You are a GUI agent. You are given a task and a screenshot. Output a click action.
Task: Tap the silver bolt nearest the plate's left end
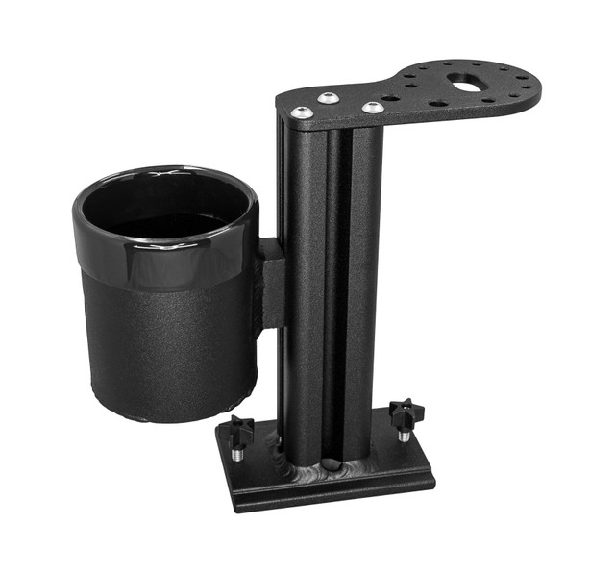point(302,112)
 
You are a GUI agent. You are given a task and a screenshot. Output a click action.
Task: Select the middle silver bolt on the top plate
point(328,98)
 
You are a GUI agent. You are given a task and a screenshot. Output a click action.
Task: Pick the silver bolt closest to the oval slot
point(373,107)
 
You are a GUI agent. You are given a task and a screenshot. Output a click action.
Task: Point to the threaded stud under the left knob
point(236,448)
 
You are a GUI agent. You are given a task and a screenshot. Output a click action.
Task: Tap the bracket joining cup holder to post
point(271,284)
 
